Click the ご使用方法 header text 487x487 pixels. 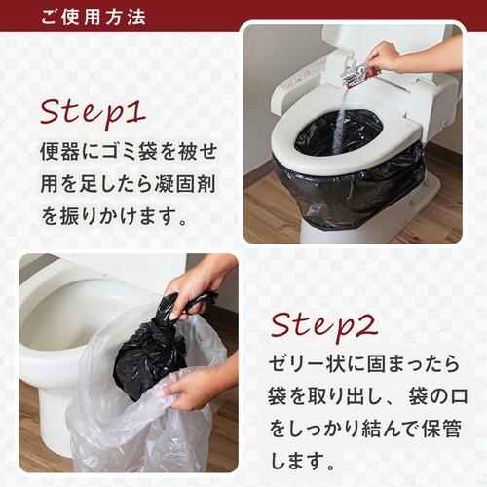[x=94, y=18]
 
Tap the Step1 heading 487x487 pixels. [x=93, y=110]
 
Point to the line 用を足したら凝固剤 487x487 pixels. [x=128, y=182]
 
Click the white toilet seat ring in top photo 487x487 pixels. [x=292, y=146]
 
